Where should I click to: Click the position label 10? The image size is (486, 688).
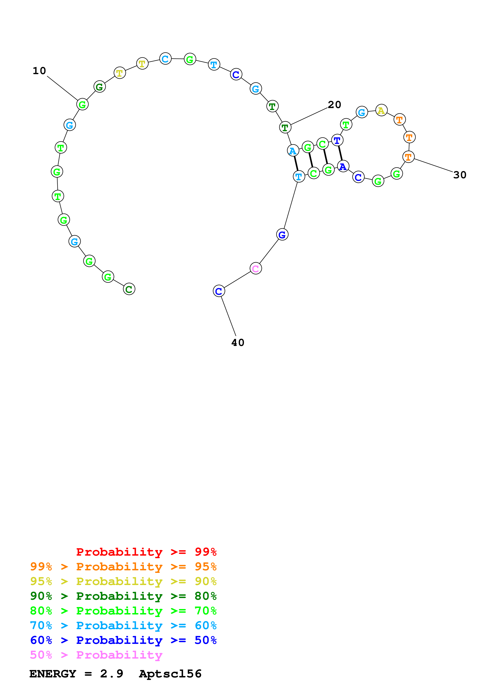pos(39,71)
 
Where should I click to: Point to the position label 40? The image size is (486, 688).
pos(238,342)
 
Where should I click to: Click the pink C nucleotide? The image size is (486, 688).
pos(255,268)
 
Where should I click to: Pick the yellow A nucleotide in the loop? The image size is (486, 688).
pos(381,111)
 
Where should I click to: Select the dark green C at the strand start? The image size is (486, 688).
pos(129,289)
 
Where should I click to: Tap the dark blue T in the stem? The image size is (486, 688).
pos(337,140)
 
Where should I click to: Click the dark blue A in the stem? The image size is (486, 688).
pos(343,166)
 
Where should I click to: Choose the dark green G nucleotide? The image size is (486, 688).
pos(99,87)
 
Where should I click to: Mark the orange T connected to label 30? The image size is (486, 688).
pos(408,157)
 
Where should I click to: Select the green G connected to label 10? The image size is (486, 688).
pos(82,105)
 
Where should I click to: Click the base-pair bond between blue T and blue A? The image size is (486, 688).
pos(340,153)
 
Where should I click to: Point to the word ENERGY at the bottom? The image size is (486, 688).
pos(53,674)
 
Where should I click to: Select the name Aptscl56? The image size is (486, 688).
pos(170,674)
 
